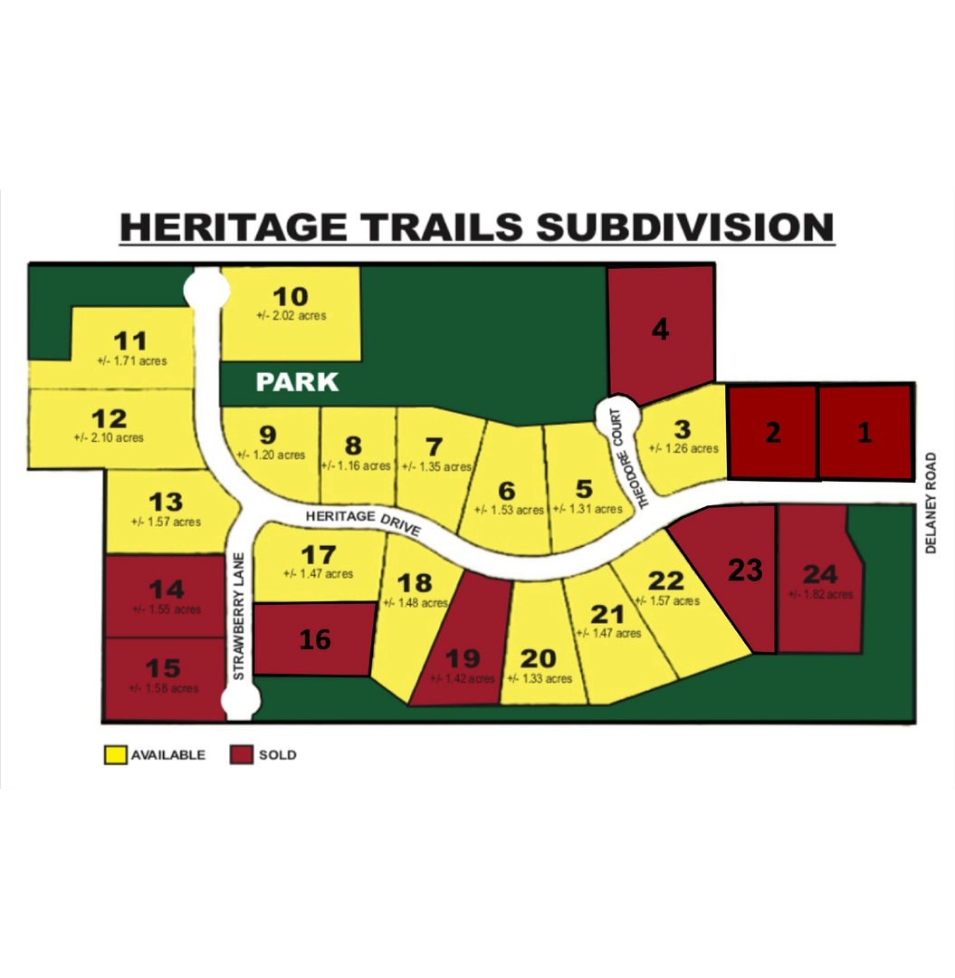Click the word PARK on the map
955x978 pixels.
[x=297, y=382]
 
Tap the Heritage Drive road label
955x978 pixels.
[x=363, y=521]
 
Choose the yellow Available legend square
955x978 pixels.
[x=115, y=754]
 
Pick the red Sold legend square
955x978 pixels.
[x=241, y=754]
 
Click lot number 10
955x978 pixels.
[x=291, y=296]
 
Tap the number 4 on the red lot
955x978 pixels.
[x=661, y=331]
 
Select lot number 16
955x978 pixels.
[x=315, y=639]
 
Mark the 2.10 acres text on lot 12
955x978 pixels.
[x=108, y=437]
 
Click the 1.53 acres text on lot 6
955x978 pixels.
[x=509, y=510]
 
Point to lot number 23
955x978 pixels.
[x=745, y=570]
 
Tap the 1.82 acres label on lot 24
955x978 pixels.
[x=820, y=594]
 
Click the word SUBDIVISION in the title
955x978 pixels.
[x=684, y=226]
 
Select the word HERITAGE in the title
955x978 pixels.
[x=233, y=226]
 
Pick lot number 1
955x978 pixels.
[x=864, y=433]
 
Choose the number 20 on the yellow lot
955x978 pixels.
[x=540, y=658]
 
